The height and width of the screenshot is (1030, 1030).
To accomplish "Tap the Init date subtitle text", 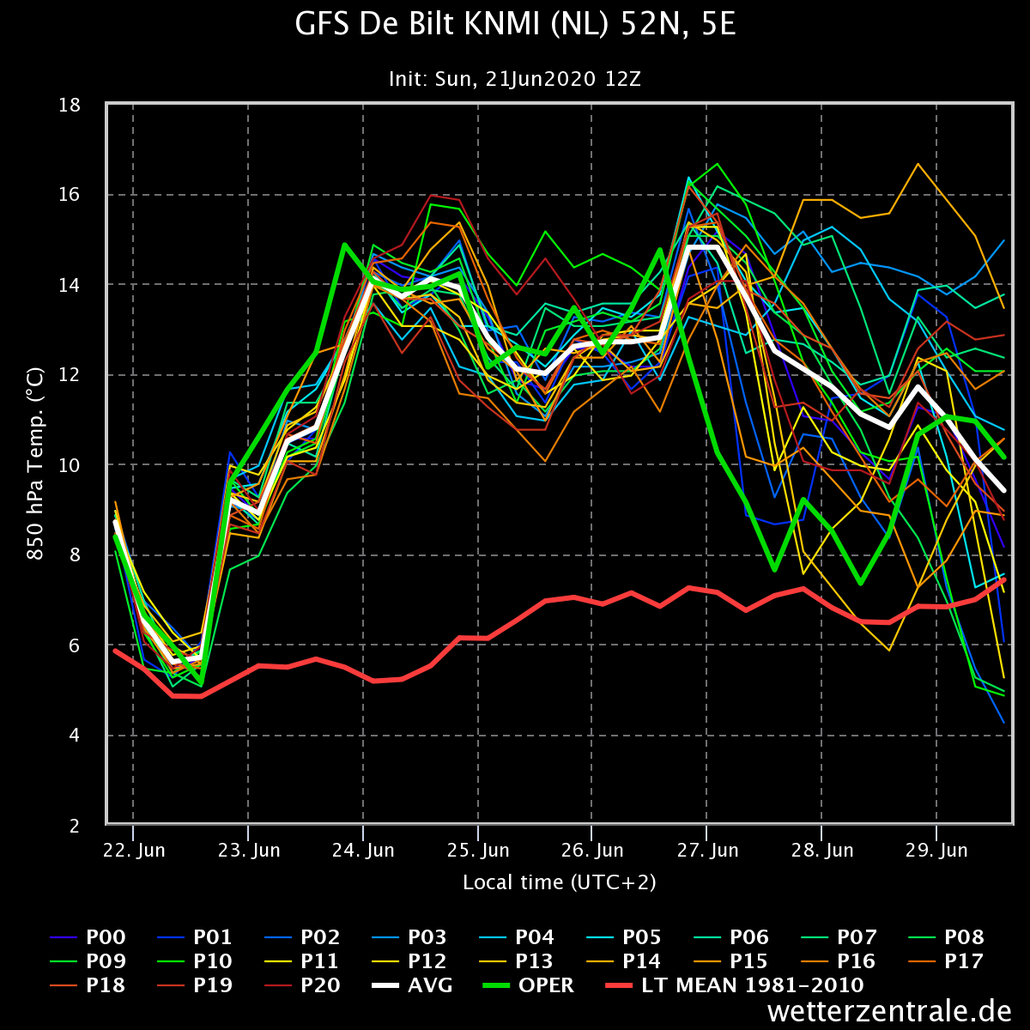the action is pos(515,79).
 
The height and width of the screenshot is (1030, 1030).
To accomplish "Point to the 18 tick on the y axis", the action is pos(70,106).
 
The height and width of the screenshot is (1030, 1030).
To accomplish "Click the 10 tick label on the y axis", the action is pos(70,465).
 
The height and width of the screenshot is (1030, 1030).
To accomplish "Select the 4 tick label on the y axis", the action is pos(75,736).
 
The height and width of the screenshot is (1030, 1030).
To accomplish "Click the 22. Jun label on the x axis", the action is pos(134,850).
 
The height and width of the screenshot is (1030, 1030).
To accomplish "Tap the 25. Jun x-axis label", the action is pos(478,850).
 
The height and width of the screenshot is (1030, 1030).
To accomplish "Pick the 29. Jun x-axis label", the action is pos(936,850).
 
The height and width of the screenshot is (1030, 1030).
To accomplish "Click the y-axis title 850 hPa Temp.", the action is pos(35,463).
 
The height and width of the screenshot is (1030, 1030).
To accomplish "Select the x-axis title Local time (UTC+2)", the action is pos(559,882).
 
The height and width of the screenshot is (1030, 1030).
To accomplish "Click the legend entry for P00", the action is pos(88,937).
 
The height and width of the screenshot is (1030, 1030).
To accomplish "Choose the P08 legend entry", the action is pos(947,937).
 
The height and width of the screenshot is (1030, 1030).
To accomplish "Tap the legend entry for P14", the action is pos(624,961).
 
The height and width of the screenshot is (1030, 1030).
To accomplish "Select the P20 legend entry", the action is pos(303,985).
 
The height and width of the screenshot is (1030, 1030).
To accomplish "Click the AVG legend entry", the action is pos(412,985).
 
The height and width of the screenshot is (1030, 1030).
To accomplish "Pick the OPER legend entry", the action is pos(528,985).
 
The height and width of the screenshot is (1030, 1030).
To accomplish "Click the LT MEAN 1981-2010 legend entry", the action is pos(735,985).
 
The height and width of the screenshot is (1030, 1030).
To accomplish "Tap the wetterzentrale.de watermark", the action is pos(889,1011).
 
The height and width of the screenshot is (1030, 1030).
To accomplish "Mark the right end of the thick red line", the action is pos(1004,579).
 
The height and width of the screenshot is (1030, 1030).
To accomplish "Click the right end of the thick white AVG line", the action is pos(1003,490).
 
